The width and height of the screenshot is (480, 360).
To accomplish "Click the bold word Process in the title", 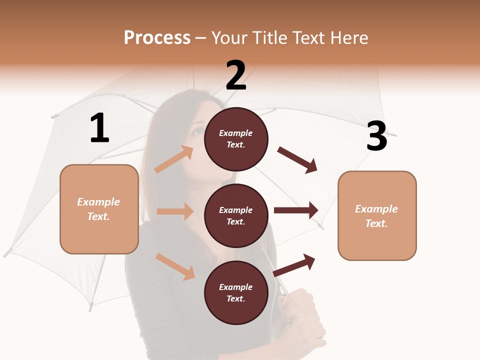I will (x=157, y=38).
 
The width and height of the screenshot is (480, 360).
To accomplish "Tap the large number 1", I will (x=99, y=128).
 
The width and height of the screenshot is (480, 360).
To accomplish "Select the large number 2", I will (x=236, y=75).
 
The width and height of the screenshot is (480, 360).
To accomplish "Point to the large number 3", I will (x=376, y=136).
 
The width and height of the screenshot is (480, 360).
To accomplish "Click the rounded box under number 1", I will (x=99, y=209).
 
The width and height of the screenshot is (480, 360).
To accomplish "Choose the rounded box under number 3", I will (x=377, y=215).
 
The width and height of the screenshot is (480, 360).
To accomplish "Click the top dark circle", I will (x=236, y=139).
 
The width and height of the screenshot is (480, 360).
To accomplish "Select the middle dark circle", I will (x=236, y=215).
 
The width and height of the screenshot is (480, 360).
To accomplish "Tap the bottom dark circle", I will (x=236, y=292).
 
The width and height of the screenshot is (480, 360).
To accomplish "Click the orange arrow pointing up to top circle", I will (x=173, y=159).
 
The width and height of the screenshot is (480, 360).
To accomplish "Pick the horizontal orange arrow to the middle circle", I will (x=175, y=211).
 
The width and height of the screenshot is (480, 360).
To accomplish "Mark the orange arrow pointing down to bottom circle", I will (x=175, y=266).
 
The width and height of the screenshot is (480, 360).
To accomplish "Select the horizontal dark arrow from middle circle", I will (x=295, y=210).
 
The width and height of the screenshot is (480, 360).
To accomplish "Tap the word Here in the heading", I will (x=350, y=38).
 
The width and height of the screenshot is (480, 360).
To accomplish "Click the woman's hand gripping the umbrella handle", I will (x=300, y=310).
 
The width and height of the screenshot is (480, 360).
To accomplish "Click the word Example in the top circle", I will (x=236, y=133).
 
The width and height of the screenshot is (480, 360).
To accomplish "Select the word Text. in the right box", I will (x=376, y=223).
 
